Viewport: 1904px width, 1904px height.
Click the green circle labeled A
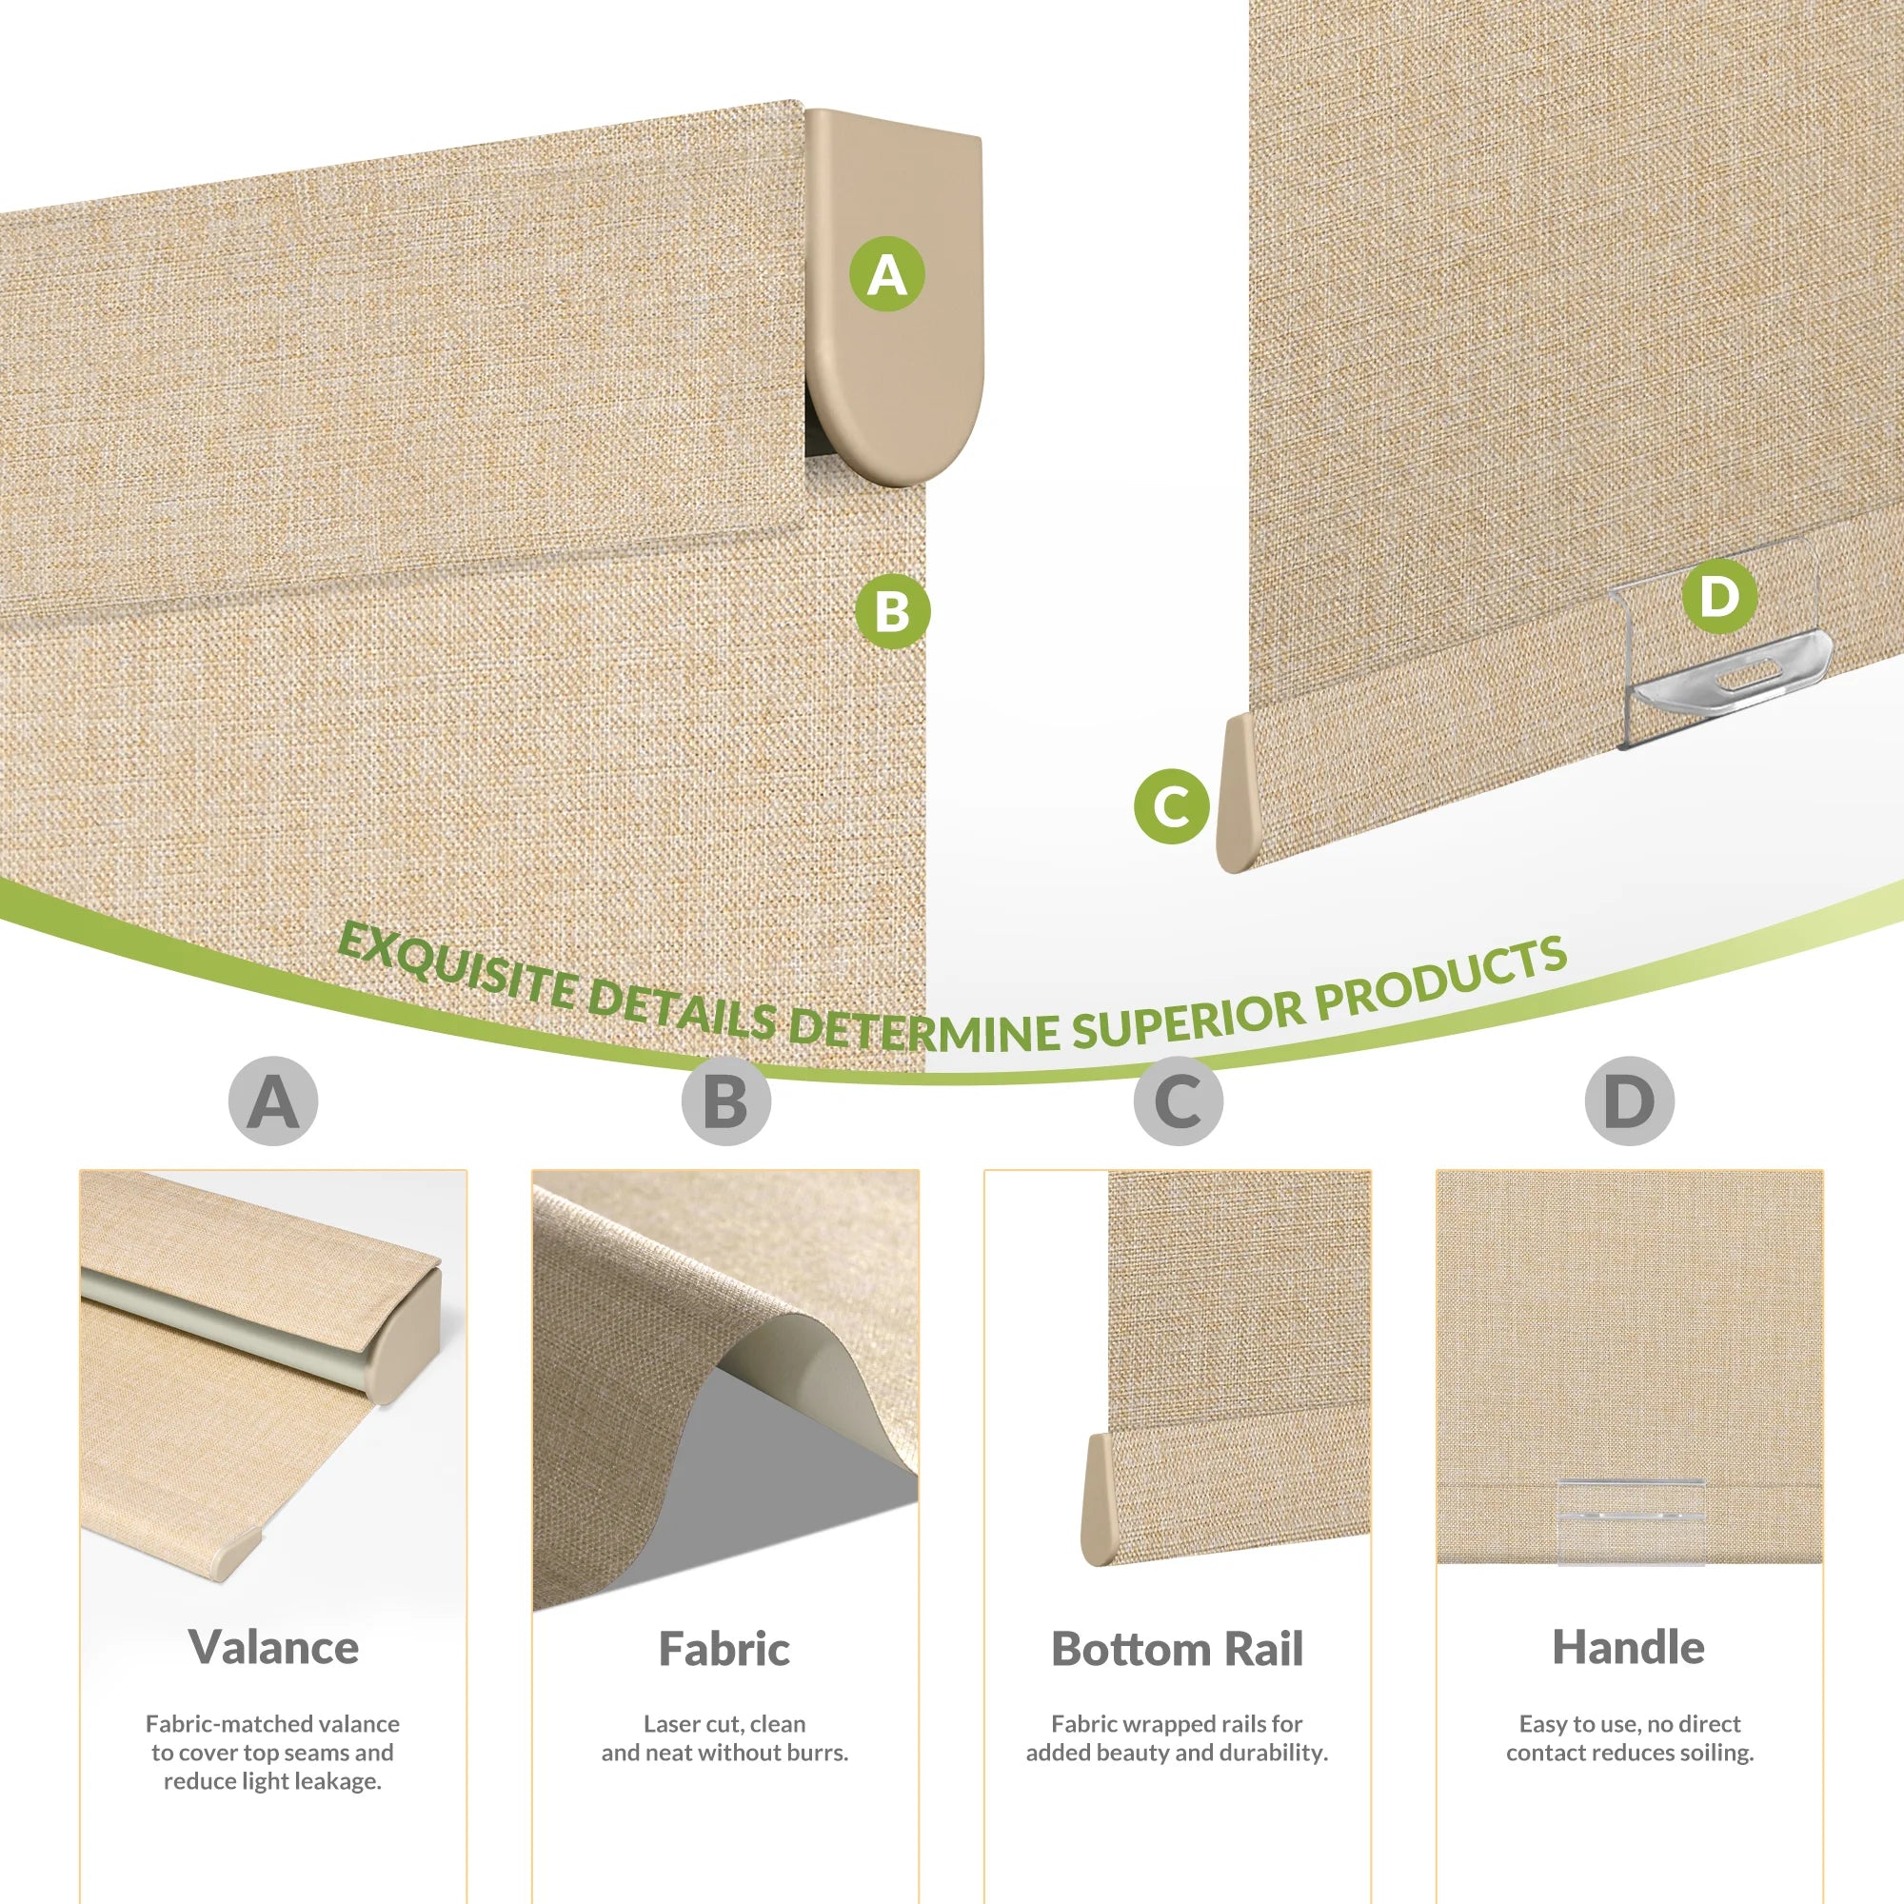[887, 274]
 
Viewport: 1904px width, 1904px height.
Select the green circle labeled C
[1171, 806]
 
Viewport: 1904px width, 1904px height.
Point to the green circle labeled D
[1719, 595]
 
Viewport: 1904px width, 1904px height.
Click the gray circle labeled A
[273, 1101]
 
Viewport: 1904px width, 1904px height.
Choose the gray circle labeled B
[725, 1101]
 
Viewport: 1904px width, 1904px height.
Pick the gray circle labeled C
[1178, 1101]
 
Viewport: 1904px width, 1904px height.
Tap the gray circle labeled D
[1630, 1101]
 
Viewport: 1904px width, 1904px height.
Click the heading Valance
[273, 1648]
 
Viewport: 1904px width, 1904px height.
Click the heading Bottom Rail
[1177, 1649]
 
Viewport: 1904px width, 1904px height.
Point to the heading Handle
[1629, 1648]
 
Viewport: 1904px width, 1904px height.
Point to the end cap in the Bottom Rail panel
[1098, 1500]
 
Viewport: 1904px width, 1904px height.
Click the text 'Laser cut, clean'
[724, 1724]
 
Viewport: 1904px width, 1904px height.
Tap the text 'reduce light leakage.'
[273, 1781]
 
